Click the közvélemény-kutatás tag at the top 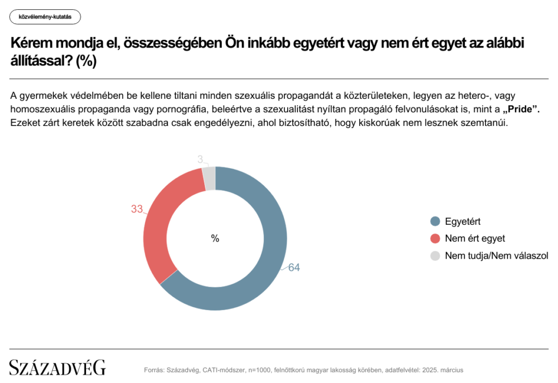click(x=45, y=17)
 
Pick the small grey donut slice click(x=209, y=178)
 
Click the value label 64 click(x=294, y=268)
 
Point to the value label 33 click(x=137, y=209)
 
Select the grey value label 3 click(x=200, y=159)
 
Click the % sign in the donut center click(x=215, y=238)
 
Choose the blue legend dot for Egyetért click(x=434, y=222)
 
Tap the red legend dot click(x=434, y=238)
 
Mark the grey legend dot click(x=434, y=255)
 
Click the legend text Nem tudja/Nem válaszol click(x=496, y=255)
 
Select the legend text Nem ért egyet click(x=475, y=238)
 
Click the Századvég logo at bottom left click(x=57, y=367)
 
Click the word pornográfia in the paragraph click(x=174, y=109)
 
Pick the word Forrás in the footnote click(x=154, y=370)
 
